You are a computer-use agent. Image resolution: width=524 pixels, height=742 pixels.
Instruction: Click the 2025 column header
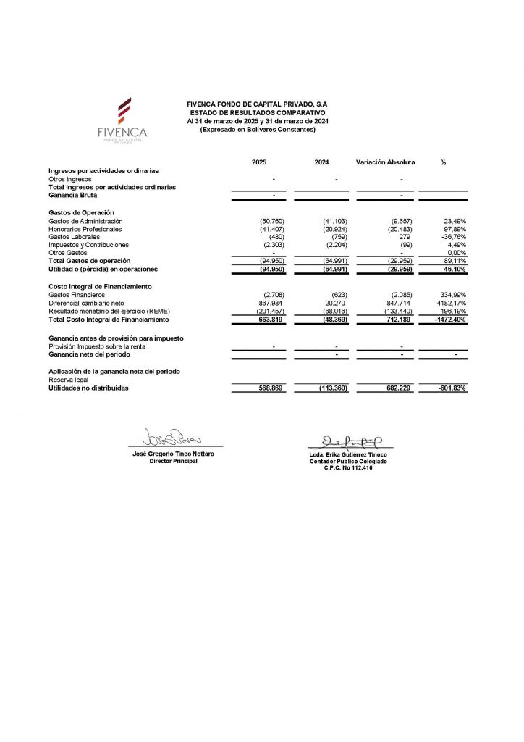pyautogui.click(x=259, y=162)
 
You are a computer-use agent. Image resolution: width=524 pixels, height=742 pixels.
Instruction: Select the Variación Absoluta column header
pyautogui.click(x=385, y=162)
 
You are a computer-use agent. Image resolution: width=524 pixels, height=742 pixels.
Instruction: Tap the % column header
pyautogui.click(x=443, y=162)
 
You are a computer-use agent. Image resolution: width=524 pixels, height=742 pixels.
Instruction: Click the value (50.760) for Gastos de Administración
pyautogui.click(x=272, y=221)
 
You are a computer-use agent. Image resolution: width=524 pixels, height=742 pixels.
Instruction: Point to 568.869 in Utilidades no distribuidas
pyautogui.click(x=270, y=388)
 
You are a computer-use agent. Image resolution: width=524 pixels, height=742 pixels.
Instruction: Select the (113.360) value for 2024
pyautogui.click(x=334, y=388)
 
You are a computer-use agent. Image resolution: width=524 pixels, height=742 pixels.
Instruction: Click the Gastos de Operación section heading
pyautogui.click(x=81, y=212)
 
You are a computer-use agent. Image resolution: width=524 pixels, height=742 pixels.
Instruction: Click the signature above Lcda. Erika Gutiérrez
pyautogui.click(x=351, y=440)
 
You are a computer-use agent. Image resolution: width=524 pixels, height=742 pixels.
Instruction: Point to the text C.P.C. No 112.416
pyautogui.click(x=348, y=468)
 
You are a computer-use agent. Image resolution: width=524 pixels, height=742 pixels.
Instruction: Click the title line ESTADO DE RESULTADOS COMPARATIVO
pyautogui.click(x=258, y=113)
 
